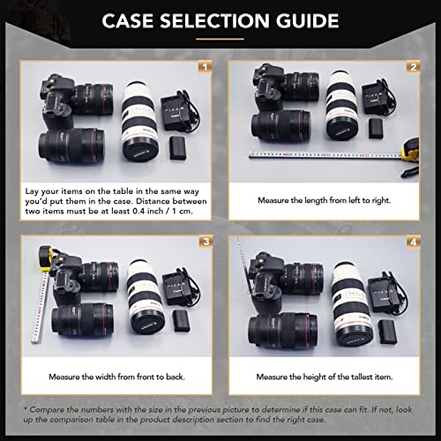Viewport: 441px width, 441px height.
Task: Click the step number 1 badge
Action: tap(205, 67)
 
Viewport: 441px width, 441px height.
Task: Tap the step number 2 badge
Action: tap(412, 67)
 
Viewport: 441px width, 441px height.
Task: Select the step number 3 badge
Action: tap(205, 242)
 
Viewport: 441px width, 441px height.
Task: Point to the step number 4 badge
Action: tap(412, 242)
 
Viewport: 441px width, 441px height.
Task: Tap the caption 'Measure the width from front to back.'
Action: tap(116, 377)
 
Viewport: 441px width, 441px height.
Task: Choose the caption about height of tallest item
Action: tap(325, 377)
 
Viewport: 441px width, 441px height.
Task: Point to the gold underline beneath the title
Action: tap(220, 40)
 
